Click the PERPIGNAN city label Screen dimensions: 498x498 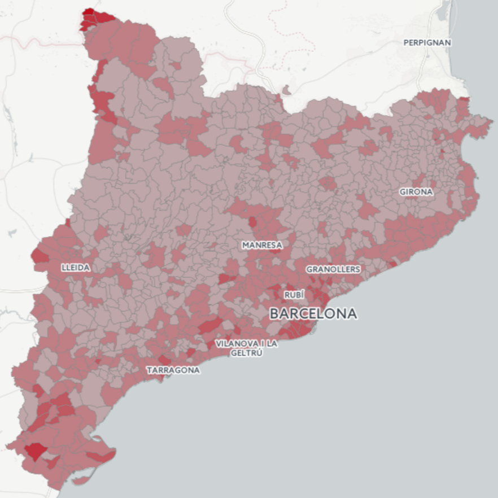(x=427, y=42)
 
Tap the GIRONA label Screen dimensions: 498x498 (x=416, y=192)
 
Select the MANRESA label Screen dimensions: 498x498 (x=262, y=245)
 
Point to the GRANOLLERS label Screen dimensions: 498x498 (x=333, y=269)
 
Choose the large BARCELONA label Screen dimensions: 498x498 (x=313, y=313)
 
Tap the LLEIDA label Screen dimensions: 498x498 (x=76, y=268)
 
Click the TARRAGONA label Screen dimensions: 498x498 (x=173, y=370)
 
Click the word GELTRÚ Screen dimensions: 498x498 (x=246, y=353)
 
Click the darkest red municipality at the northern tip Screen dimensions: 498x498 (x=88, y=12)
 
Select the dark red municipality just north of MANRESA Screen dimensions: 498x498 (x=252, y=222)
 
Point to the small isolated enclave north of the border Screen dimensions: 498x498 (x=286, y=89)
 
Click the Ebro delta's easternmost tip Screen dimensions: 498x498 (x=115, y=452)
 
